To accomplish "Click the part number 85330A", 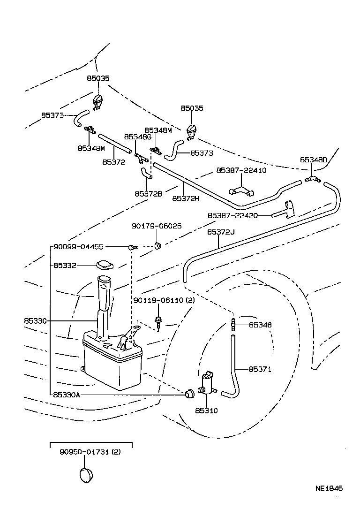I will (66, 395).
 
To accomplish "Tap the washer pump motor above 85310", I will (206, 385).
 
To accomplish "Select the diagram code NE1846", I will (329, 489).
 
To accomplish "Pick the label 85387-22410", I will (241, 170).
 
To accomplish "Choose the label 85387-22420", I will (232, 215).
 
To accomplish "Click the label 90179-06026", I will (157, 226).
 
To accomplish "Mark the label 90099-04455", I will (78, 247).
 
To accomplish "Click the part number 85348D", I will (313, 160).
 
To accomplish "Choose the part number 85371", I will (260, 369).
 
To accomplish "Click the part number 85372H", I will (186, 198).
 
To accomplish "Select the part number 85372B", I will (148, 193).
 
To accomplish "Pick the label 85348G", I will (137, 137).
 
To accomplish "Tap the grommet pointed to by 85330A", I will (189, 394).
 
